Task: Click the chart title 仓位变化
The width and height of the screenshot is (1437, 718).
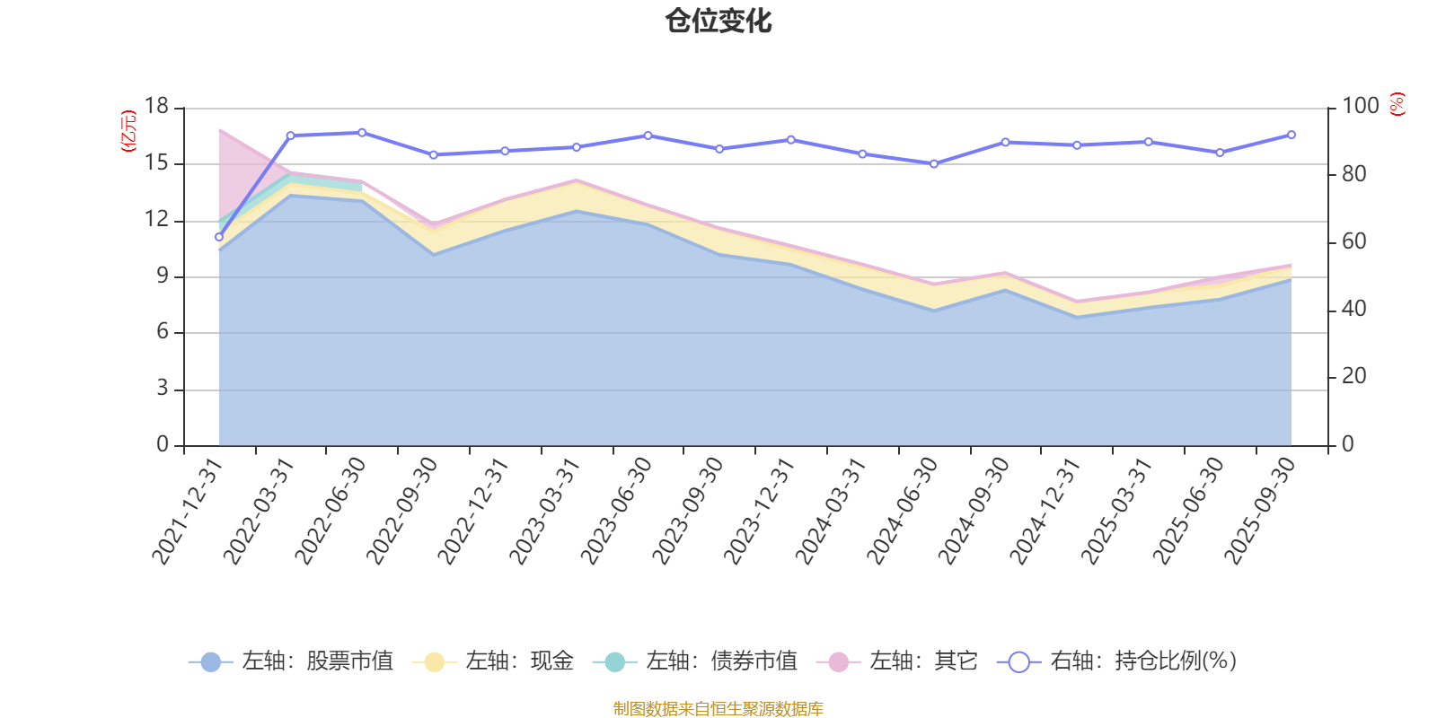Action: pos(718,21)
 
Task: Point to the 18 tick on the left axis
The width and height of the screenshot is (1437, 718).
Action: pos(156,107)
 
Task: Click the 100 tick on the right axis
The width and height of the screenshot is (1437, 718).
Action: pos(1360,107)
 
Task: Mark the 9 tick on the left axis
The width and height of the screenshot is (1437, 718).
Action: pos(163,276)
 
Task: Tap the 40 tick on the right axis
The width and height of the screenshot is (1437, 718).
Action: pos(1353,309)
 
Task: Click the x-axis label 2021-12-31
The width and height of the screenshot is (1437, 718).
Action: pos(186,511)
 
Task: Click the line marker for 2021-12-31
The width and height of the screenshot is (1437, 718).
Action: pos(218,237)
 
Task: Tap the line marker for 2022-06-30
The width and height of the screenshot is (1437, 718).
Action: pos(362,133)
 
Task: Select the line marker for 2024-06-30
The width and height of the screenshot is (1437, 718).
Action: pos(934,164)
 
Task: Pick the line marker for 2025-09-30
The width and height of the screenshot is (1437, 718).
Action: pos(1292,135)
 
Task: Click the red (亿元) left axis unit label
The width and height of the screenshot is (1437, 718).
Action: pos(128,131)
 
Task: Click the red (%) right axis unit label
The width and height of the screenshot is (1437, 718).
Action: pos(1397,104)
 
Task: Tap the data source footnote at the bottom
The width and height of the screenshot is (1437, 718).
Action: pos(718,709)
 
